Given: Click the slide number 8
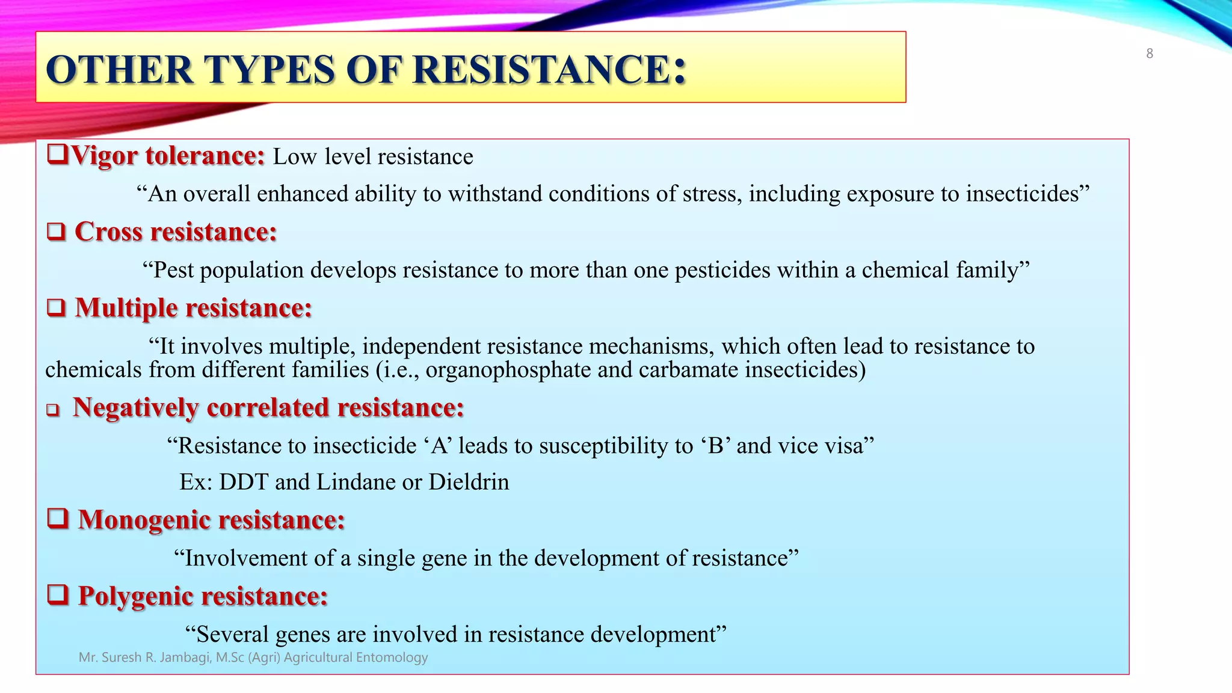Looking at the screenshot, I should click(1149, 54).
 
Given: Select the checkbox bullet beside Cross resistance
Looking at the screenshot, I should click(56, 232).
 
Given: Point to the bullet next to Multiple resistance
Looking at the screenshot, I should click(56, 308).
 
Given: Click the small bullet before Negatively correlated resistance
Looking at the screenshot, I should click(54, 410).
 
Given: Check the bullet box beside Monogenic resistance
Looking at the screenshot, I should click(58, 519).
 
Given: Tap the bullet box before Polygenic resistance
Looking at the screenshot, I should click(58, 595).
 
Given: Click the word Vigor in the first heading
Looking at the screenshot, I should click(104, 156).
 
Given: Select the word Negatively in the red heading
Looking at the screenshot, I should click(135, 408).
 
